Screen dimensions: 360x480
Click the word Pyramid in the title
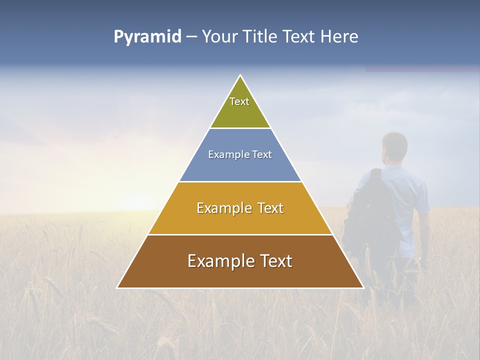(147, 37)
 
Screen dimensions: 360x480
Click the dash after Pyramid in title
(191, 37)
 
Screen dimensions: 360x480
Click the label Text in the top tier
(239, 101)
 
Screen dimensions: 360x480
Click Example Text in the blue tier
(240, 154)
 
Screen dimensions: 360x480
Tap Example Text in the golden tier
(240, 208)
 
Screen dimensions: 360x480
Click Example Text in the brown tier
(240, 261)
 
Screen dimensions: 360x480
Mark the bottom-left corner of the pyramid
(118, 287)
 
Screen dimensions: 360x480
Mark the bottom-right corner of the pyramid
(362, 287)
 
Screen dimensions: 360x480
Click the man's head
(394, 148)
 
